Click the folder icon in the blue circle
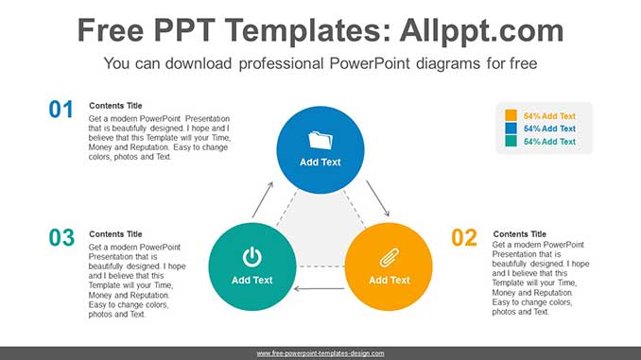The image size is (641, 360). click(x=320, y=140)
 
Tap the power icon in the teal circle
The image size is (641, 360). click(x=251, y=256)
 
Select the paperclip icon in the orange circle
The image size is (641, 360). click(x=389, y=257)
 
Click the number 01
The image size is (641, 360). click(x=61, y=110)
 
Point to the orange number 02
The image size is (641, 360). click(x=464, y=237)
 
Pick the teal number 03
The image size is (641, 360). click(x=61, y=237)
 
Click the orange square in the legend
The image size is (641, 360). click(x=511, y=115)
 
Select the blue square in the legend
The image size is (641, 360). click(x=511, y=129)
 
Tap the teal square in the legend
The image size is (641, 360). click(x=511, y=142)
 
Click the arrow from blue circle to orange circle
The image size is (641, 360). click(x=377, y=199)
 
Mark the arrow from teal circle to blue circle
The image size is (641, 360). click(x=263, y=199)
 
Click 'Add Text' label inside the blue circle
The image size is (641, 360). click(x=320, y=162)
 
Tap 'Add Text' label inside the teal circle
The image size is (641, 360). click(x=251, y=280)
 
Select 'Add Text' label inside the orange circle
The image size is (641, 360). click(x=389, y=280)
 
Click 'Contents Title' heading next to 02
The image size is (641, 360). click(x=519, y=233)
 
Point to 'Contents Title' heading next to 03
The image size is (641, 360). click(x=115, y=233)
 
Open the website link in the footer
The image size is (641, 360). click(x=320, y=352)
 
